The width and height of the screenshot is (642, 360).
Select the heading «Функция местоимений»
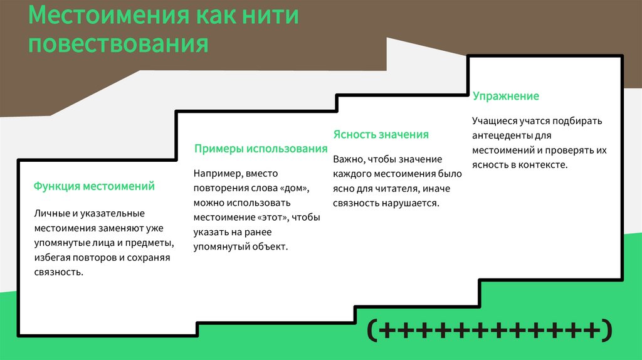[94, 186]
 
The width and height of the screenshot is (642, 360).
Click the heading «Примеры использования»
[261, 149]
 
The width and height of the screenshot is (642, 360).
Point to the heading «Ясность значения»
[381, 134]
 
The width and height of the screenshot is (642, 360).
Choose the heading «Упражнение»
[506, 96]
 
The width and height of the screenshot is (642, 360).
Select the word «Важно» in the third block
[347, 159]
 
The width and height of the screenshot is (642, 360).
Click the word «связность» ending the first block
[58, 272]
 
